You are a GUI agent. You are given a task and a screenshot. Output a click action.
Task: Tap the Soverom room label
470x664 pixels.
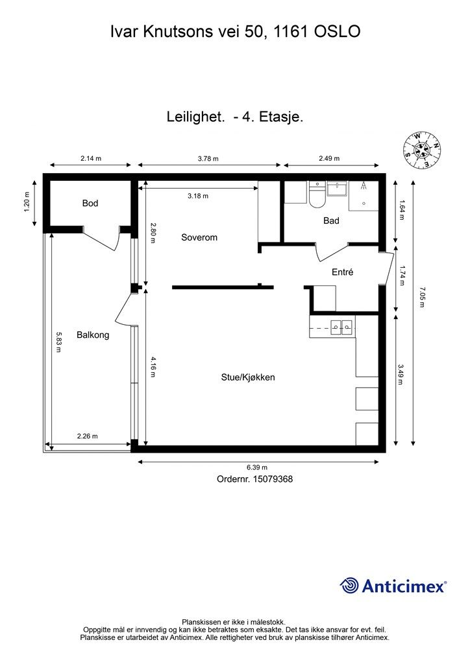(199, 237)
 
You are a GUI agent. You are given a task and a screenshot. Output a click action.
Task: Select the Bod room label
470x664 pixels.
(90, 204)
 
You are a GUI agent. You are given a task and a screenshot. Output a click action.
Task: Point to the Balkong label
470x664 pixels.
(93, 335)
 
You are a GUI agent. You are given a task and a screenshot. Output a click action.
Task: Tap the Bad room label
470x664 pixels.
(331, 220)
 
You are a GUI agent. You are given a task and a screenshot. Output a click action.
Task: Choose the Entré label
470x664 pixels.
(342, 273)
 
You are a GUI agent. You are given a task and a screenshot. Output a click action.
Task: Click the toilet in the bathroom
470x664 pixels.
(317, 195)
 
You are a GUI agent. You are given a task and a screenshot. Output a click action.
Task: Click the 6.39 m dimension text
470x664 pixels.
(257, 468)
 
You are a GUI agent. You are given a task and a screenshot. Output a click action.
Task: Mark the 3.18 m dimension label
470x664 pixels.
(198, 195)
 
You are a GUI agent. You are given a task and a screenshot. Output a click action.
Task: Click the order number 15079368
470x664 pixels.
(256, 479)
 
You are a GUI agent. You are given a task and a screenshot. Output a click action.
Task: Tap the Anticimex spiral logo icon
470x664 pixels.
(350, 586)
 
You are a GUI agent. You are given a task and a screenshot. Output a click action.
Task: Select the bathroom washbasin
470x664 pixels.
(338, 189)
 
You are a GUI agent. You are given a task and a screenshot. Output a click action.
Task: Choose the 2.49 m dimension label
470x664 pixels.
(329, 159)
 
